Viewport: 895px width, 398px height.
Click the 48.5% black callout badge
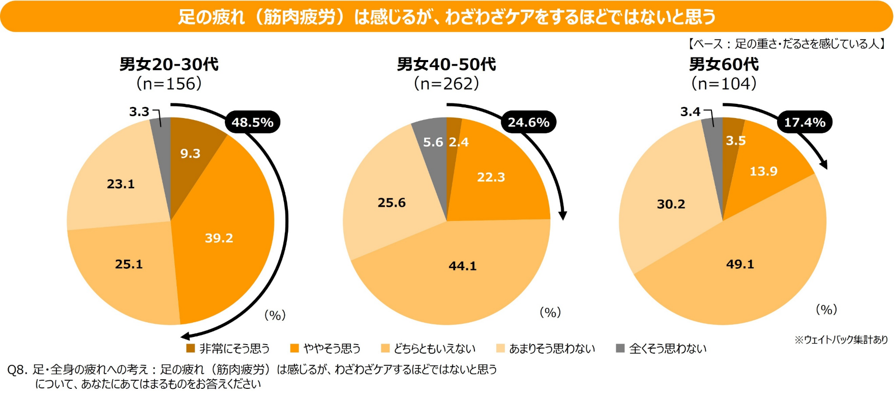[252, 122]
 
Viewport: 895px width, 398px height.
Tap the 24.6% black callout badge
[528, 122]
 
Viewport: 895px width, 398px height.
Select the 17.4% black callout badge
[804, 122]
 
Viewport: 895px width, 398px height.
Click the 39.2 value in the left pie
[219, 238]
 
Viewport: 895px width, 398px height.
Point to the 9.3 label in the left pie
[190, 153]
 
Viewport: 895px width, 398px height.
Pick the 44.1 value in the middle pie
[462, 266]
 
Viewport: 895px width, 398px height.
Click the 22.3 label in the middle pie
[491, 177]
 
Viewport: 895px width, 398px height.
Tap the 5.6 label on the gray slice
[433, 142]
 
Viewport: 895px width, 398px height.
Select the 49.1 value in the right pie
[740, 264]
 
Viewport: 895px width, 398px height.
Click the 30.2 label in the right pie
[671, 204]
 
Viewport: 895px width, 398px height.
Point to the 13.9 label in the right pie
[763, 171]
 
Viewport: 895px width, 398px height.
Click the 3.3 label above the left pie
[139, 111]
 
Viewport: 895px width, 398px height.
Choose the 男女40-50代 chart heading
[446, 64]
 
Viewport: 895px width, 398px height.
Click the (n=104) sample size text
[723, 83]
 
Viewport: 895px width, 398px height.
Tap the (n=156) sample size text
[169, 83]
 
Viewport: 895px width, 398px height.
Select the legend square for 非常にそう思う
[191, 348]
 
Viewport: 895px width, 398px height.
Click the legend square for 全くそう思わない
[620, 348]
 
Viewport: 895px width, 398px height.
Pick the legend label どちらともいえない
[434, 349]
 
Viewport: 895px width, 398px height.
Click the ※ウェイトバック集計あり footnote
[841, 339]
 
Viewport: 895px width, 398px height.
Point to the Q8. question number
[17, 369]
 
